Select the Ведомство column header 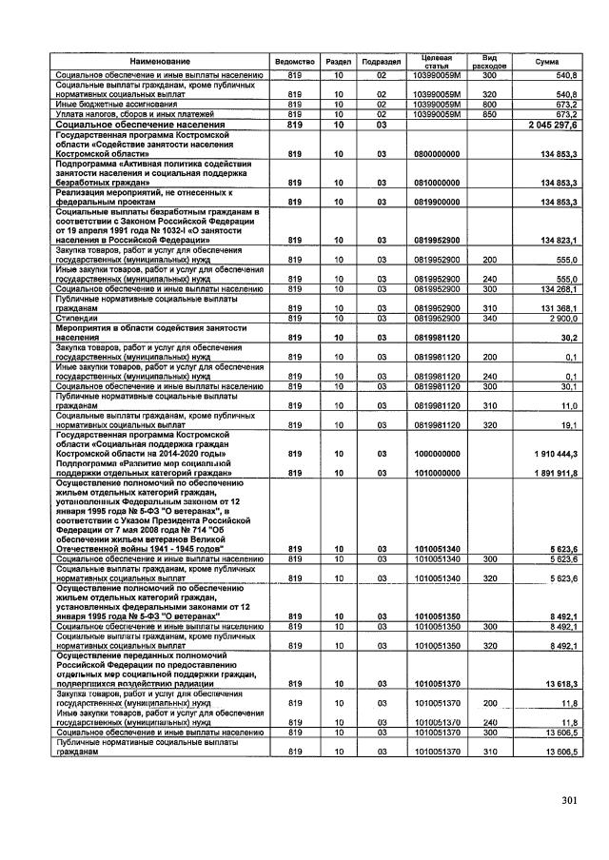tap(294, 61)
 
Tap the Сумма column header tap(548, 61)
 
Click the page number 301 tap(569, 800)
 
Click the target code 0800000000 tap(437, 152)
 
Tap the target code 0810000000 tap(437, 181)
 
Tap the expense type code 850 tap(490, 114)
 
